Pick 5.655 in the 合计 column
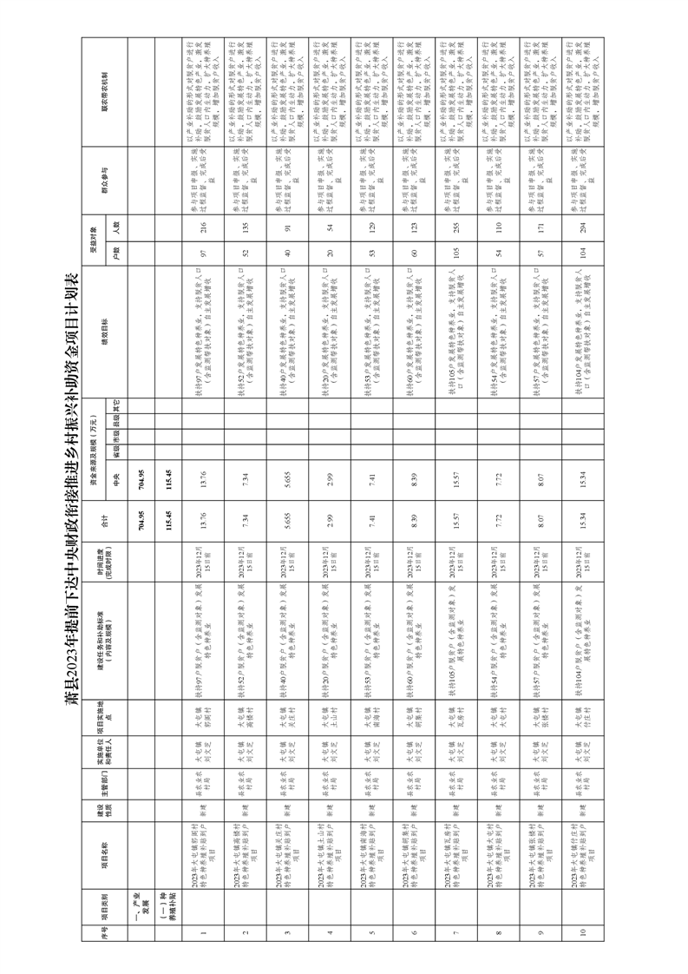(x=287, y=519)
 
